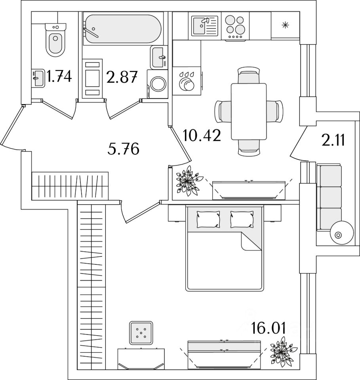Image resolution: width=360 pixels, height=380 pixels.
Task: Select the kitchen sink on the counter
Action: [x=204, y=26]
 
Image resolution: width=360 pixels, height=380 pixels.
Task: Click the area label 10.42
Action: [x=202, y=136]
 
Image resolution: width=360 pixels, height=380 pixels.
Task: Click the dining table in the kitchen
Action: [x=249, y=111]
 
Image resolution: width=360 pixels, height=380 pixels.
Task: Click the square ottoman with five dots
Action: [x=141, y=332]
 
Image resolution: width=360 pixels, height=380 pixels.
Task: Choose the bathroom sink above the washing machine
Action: [x=159, y=57]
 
